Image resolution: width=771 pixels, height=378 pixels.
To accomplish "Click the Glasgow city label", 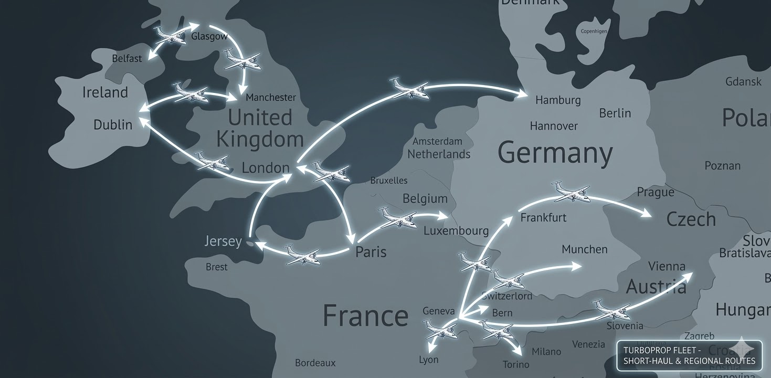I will click(x=209, y=37).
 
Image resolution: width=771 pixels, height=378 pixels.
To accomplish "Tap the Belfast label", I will click(x=127, y=58).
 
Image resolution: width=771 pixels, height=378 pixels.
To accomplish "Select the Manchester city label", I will click(x=271, y=97).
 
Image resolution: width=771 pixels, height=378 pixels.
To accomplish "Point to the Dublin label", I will click(x=113, y=124).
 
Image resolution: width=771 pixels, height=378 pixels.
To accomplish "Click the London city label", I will click(x=266, y=167).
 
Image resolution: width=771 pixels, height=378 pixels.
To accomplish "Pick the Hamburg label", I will click(x=558, y=100).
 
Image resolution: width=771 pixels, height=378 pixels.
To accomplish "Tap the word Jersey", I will click(x=223, y=241).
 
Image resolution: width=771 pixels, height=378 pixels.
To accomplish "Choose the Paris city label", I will click(x=371, y=251).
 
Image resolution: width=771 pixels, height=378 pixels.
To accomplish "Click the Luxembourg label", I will click(x=456, y=230).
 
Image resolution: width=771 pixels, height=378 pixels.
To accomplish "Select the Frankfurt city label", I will click(x=543, y=217).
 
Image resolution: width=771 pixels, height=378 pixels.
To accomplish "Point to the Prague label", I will click(x=655, y=192).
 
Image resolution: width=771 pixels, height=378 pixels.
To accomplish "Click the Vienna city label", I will click(x=667, y=266).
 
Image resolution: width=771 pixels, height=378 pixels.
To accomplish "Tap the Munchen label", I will click(x=584, y=249).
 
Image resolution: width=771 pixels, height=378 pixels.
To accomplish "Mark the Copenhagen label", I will click(x=594, y=31).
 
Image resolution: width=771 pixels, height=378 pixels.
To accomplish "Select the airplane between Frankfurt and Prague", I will click(x=571, y=192).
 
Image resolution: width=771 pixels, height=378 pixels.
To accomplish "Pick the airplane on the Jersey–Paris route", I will click(x=302, y=255).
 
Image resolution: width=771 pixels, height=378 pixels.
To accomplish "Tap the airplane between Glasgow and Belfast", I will click(x=171, y=35).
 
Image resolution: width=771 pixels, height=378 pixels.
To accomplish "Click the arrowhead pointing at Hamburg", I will click(x=523, y=94).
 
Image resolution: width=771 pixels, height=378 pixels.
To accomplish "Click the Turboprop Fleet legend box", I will click(x=689, y=355).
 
